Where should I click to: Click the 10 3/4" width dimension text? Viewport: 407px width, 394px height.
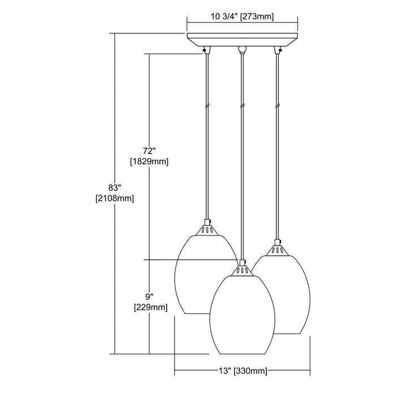click(224, 16)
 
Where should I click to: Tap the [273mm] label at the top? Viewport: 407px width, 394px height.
click(257, 17)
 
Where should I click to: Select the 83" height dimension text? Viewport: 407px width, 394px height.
click(115, 187)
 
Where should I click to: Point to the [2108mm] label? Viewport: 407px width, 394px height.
click(115, 199)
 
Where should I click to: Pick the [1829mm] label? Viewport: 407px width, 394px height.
click(149, 161)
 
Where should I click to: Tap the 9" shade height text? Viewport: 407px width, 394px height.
click(149, 296)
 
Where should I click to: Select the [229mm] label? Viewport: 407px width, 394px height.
click(150, 308)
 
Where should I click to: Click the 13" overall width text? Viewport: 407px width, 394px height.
click(225, 370)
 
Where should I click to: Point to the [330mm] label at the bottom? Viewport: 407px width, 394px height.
click(250, 371)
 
